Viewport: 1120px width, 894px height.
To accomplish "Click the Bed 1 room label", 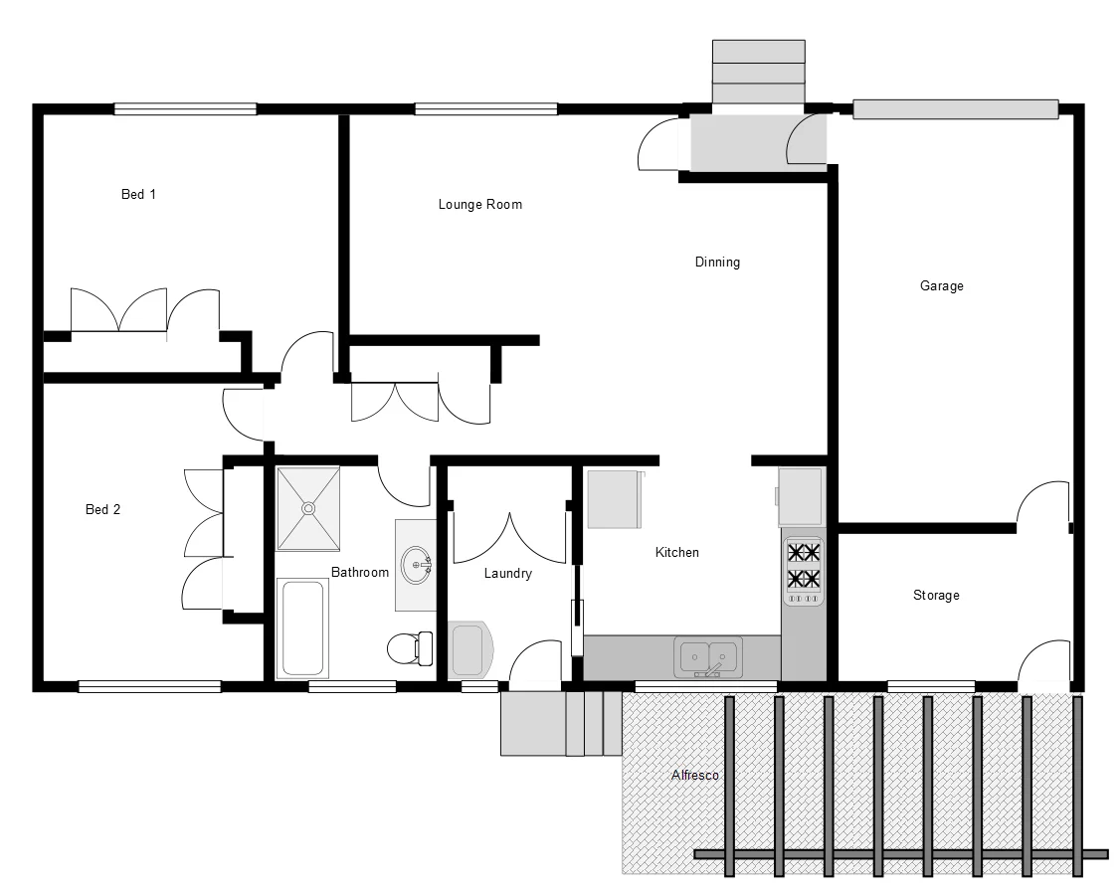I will click(138, 194).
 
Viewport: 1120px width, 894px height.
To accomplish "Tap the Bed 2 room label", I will click(102, 509).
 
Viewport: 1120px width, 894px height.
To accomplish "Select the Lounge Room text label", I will click(479, 204).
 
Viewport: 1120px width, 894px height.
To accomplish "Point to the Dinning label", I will click(716, 263).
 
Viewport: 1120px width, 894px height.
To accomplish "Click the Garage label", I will click(941, 286).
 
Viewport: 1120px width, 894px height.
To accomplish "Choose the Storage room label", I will click(936, 595).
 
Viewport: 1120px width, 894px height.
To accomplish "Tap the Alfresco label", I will click(694, 775).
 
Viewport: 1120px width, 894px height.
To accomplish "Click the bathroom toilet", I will click(409, 648).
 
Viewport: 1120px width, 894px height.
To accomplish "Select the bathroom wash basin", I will click(417, 565).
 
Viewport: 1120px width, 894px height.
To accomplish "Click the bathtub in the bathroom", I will click(303, 628).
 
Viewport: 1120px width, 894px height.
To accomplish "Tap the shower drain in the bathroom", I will click(308, 508).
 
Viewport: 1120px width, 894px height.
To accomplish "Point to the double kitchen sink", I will click(708, 656).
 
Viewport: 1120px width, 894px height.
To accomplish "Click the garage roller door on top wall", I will click(954, 109).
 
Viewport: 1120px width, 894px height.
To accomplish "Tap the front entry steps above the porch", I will click(759, 71).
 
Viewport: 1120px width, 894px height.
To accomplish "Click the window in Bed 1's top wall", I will click(185, 109).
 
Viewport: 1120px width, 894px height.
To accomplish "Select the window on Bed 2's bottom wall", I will click(149, 686).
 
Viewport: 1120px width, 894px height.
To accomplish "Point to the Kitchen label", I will click(676, 552).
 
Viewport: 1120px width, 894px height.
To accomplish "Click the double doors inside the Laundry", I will click(509, 538).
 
